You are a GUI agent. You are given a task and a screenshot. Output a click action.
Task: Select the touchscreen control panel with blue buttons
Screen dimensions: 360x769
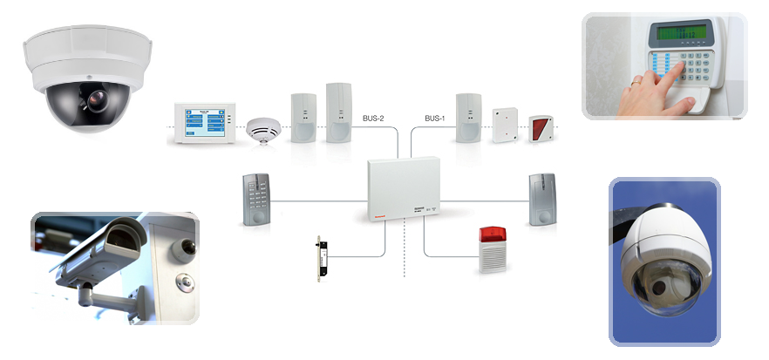click(205, 122)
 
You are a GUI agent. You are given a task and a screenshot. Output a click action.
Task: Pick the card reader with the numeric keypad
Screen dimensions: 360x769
click(258, 200)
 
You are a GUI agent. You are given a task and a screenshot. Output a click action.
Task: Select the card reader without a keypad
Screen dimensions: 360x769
click(541, 200)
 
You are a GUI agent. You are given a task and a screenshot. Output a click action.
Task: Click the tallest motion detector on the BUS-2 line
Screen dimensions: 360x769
click(338, 112)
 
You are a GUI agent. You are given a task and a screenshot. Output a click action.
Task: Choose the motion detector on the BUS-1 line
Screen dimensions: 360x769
click(469, 118)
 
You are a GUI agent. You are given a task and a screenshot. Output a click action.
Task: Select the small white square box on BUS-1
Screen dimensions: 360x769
click(503, 125)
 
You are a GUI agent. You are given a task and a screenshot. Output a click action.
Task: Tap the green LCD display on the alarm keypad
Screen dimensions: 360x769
click(683, 33)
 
